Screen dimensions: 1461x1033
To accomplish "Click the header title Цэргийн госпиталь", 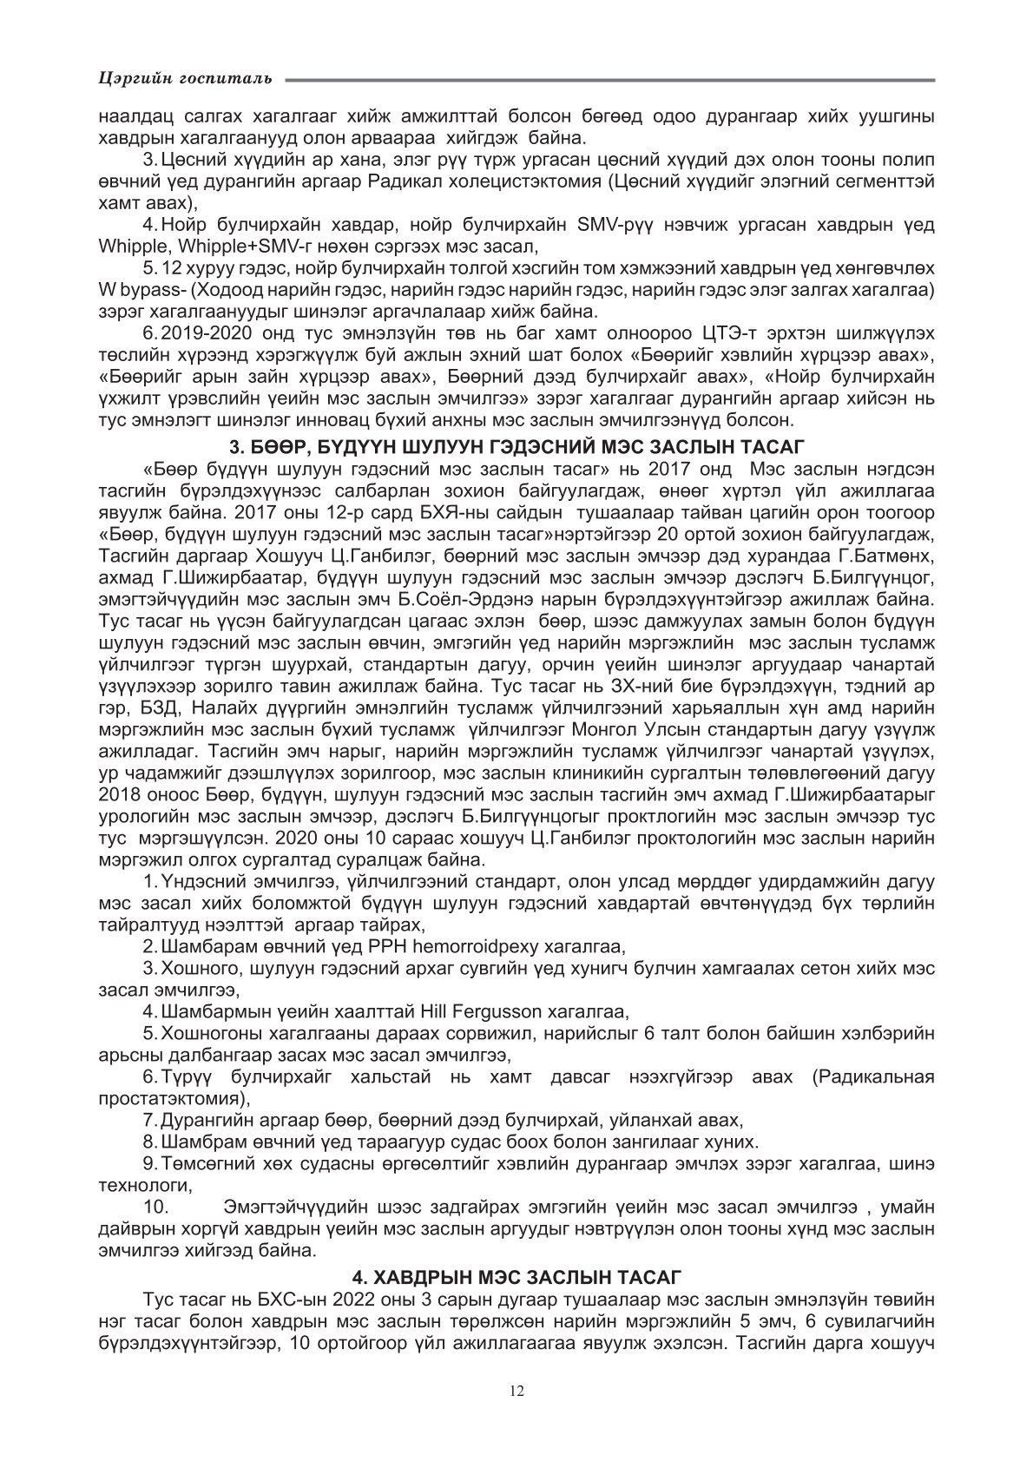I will pos(184,80).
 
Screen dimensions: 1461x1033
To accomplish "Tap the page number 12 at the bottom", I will pos(516,1391).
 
